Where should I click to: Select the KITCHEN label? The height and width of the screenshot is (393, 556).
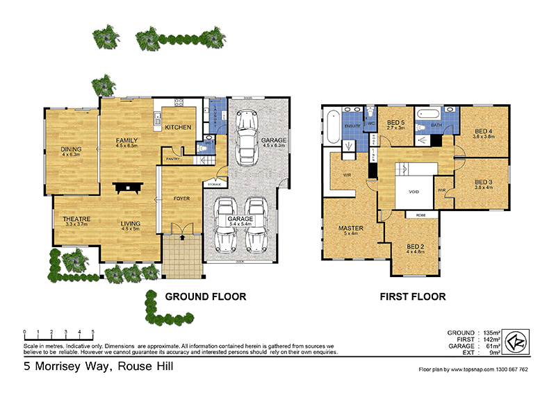click(x=177, y=127)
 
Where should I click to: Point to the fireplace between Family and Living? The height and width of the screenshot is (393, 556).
click(x=130, y=187)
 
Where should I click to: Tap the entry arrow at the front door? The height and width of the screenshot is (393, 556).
click(x=182, y=237)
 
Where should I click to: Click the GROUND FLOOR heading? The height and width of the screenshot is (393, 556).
click(x=205, y=297)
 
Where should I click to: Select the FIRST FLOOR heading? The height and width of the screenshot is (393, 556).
click(x=412, y=297)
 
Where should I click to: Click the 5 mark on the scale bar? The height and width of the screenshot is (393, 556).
click(x=92, y=331)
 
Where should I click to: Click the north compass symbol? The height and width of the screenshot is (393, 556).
click(x=516, y=342)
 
